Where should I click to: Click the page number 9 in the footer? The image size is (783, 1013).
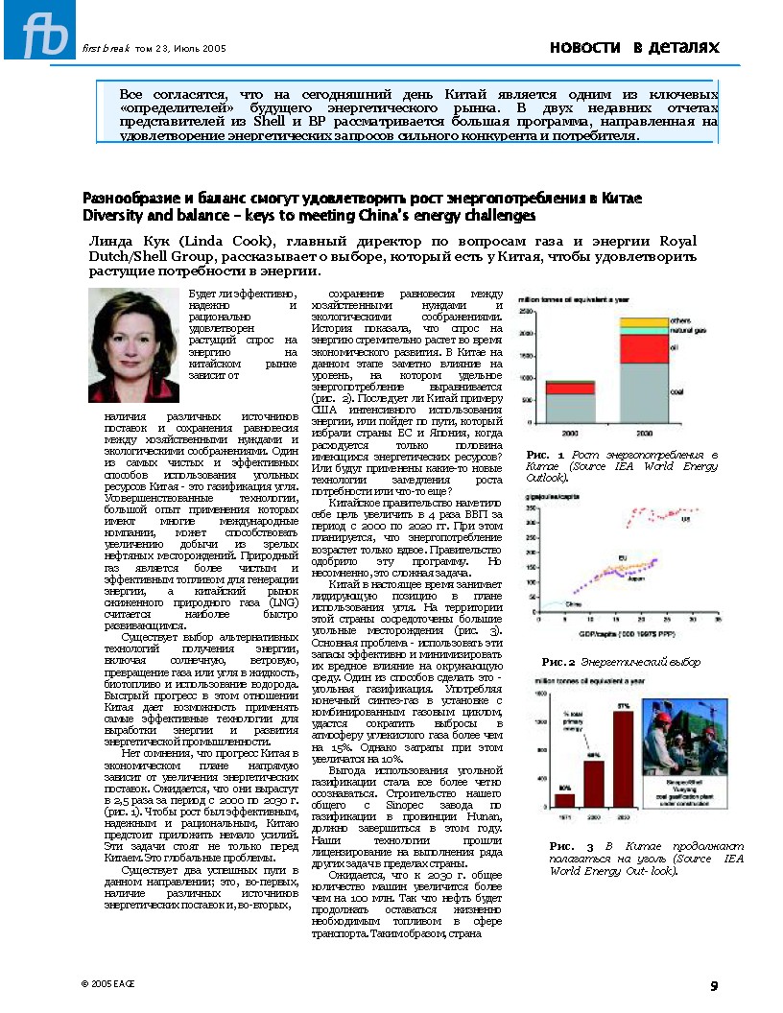click(x=714, y=984)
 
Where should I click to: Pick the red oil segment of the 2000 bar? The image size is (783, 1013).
click(x=570, y=388)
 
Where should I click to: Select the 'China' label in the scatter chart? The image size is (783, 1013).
click(x=573, y=605)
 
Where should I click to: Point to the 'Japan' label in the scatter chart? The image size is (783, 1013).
click(x=633, y=578)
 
